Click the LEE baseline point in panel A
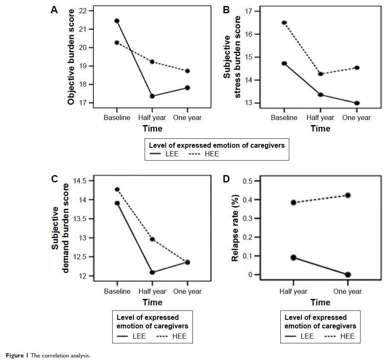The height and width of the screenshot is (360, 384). [116, 20]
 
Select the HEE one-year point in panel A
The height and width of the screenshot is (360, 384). [188, 71]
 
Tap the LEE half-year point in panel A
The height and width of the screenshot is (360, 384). [152, 96]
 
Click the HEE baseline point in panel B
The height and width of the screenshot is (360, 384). [284, 23]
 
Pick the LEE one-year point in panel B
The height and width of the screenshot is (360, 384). [357, 103]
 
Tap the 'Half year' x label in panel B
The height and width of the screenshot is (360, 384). [320, 117]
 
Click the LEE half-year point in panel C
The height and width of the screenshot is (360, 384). [152, 272]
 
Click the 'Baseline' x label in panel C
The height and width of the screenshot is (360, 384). [117, 291]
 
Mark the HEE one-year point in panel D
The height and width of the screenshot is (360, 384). [348, 195]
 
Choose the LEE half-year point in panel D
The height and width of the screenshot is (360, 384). [294, 258]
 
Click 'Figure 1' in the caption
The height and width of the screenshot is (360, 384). [15, 355]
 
